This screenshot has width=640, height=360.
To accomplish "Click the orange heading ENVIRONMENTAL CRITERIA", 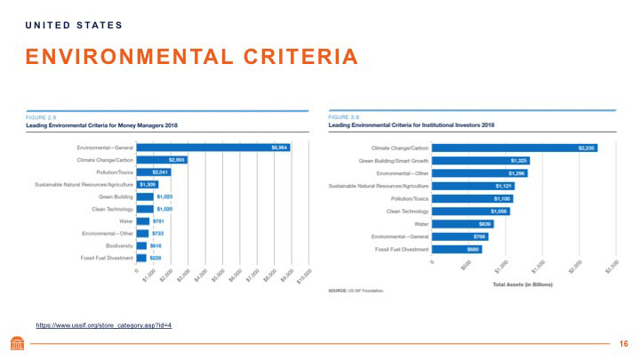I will pos(191,59).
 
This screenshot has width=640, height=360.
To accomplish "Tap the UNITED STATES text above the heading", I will pos(74,24).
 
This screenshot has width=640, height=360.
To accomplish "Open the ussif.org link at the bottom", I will pos(103,325).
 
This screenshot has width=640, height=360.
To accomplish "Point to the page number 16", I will pos(622,342).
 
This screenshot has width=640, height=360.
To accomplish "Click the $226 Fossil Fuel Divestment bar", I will pos(142,257).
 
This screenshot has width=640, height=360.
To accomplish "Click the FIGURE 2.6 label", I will pos(38,116).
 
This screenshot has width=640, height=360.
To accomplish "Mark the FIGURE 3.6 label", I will pos(343,116).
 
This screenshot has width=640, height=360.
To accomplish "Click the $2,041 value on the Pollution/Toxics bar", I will pos(160,172).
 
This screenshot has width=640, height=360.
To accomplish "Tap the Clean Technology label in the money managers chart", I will pos(110,208).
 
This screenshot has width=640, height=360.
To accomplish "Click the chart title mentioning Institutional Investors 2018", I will pos(404,125).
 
